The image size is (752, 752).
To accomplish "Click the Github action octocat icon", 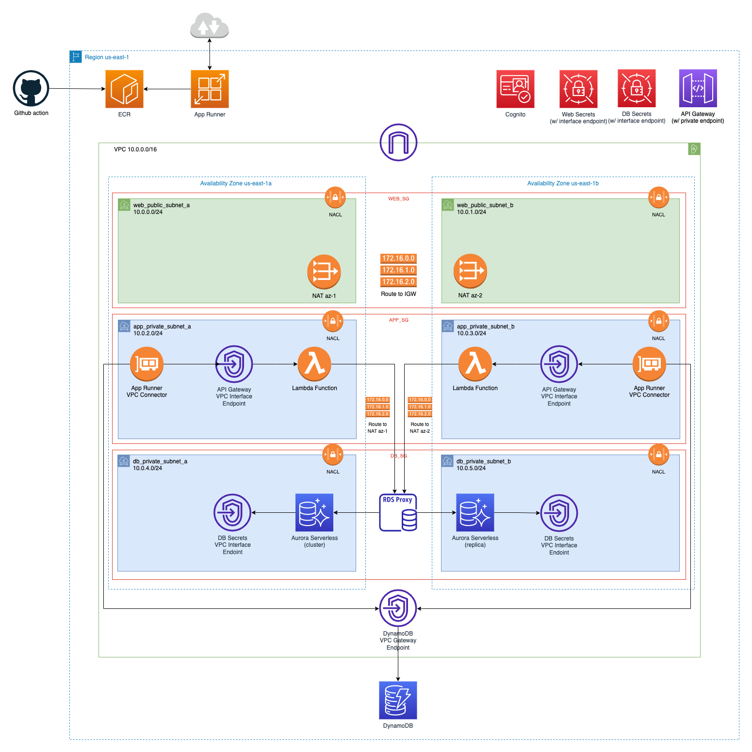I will click(x=31, y=89).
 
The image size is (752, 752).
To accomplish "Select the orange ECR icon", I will click(x=124, y=89).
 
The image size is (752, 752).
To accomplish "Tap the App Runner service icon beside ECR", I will click(x=210, y=89).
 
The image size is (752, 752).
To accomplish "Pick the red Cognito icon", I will click(x=515, y=89).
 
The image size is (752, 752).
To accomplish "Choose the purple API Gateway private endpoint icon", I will click(x=698, y=88).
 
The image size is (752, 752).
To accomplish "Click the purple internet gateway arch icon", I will click(x=398, y=142).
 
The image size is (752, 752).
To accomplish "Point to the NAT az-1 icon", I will click(x=324, y=272).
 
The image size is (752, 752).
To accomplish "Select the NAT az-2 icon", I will click(x=470, y=271).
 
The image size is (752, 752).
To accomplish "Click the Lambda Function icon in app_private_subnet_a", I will click(x=314, y=364).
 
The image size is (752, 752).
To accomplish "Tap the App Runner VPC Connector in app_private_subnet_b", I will click(x=649, y=364).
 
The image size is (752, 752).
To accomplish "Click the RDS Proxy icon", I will click(x=398, y=512).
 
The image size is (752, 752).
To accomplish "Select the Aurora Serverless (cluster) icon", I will click(x=314, y=512).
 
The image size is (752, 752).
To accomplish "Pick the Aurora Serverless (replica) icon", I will click(x=475, y=512).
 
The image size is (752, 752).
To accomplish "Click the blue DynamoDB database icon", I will click(x=398, y=700).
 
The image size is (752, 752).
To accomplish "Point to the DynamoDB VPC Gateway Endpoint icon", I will click(x=398, y=608).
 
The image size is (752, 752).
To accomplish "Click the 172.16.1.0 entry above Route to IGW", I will click(x=398, y=270).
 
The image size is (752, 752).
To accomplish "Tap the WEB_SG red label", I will click(x=398, y=199).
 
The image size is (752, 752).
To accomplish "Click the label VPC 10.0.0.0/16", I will click(x=135, y=149).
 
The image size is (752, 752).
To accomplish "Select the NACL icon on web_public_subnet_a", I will click(x=335, y=197).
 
